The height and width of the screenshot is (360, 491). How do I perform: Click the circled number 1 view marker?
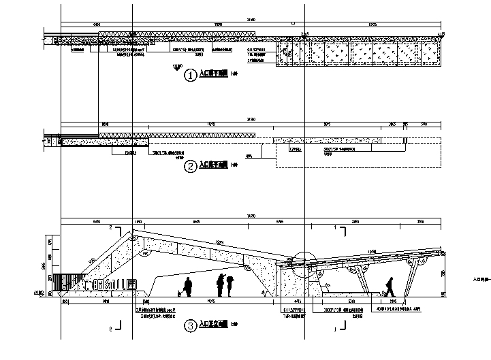[x=191, y=76]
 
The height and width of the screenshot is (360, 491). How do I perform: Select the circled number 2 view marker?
[x=191, y=165]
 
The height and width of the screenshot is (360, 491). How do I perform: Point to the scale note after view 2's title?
[x=234, y=165]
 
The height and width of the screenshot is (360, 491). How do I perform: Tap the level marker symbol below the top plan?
[x=178, y=66]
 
